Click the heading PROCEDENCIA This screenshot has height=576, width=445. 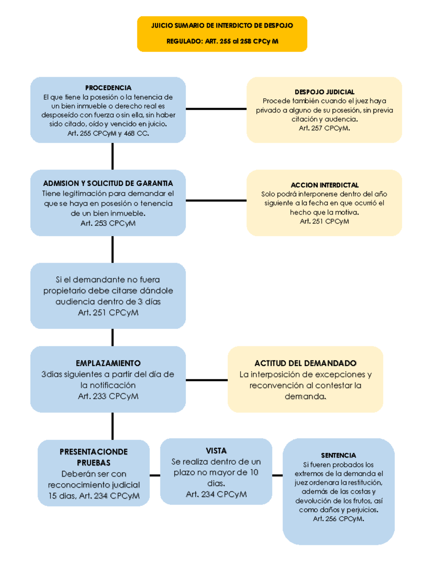108,88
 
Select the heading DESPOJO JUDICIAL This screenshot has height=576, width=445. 324,92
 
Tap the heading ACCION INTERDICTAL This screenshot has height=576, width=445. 324,185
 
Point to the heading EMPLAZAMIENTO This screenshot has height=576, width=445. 108,363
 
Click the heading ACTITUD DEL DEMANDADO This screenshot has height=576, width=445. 305,363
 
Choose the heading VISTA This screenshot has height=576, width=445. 216,451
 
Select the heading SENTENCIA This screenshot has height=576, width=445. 338,455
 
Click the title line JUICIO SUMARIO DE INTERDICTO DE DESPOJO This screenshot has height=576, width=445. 222,26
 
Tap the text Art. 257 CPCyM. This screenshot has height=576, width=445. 324,128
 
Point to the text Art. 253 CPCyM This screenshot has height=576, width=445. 108,223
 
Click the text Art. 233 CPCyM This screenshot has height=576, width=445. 108,396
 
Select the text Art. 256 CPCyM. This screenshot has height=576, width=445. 338,519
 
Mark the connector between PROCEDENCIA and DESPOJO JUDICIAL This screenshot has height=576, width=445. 216,109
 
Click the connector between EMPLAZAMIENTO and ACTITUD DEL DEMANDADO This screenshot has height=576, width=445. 207,380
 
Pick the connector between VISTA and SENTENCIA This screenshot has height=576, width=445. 277,475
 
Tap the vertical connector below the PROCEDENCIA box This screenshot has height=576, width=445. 112,156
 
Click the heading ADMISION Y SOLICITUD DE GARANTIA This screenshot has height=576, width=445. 108,183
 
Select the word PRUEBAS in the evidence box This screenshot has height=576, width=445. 93,463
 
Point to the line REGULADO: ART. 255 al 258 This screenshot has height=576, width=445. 222,41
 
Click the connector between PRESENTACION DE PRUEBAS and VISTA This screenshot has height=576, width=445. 155,475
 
